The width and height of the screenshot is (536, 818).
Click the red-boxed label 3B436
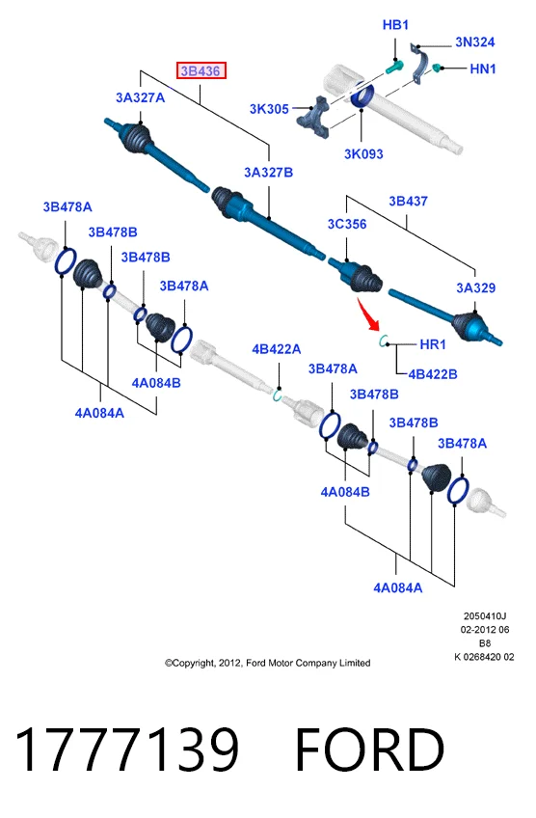[201, 70]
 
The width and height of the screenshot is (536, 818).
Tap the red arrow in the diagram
[368, 314]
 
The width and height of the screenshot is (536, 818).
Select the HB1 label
[395, 24]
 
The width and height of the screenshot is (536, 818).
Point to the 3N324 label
[474, 41]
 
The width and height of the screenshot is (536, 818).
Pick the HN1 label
[483, 68]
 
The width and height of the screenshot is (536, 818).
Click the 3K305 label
[269, 108]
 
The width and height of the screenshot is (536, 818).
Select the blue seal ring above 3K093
[362, 95]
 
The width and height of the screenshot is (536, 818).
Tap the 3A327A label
[140, 97]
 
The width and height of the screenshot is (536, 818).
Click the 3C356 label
[347, 224]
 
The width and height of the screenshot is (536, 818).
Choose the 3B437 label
[408, 201]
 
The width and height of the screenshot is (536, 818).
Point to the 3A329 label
[475, 287]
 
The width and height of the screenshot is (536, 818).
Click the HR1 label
[433, 344]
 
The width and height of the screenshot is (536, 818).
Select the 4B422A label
[277, 349]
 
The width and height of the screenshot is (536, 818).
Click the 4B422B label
[433, 374]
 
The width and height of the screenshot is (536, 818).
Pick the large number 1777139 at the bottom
[126, 750]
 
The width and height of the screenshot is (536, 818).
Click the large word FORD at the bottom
[369, 750]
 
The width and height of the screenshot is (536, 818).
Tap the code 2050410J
[485, 616]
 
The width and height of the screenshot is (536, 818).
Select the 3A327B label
[269, 172]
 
